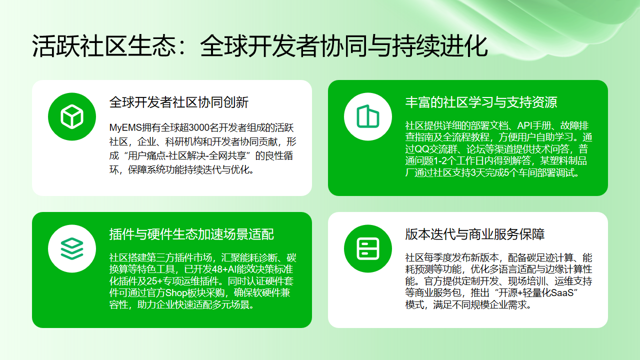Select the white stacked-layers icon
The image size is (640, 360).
(x=69, y=245)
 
